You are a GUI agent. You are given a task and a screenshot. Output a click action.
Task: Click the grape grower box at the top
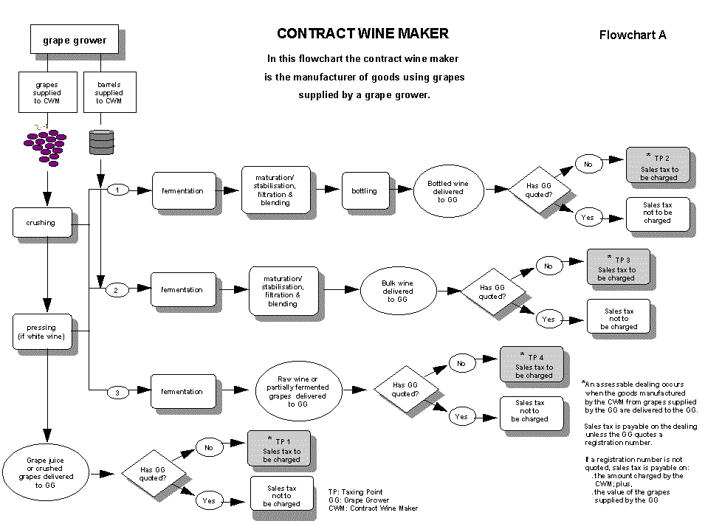[75, 40]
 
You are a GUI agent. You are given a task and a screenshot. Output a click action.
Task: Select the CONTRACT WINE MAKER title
[362, 33]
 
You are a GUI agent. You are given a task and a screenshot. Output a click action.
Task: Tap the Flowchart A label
[633, 35]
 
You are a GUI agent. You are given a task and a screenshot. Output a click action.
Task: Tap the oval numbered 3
[117, 393]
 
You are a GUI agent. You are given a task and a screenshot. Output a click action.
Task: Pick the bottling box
[364, 190]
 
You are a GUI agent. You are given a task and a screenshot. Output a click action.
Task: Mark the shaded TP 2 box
[658, 166]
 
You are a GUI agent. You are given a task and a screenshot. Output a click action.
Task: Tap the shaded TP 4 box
[532, 365]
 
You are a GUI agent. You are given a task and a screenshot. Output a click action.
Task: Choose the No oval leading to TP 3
[548, 265]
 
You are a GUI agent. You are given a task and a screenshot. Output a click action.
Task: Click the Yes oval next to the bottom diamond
[209, 500]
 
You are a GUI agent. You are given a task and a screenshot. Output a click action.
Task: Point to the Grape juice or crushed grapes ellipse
[46, 473]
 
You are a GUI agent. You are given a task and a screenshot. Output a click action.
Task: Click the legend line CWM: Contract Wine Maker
[373, 508]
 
